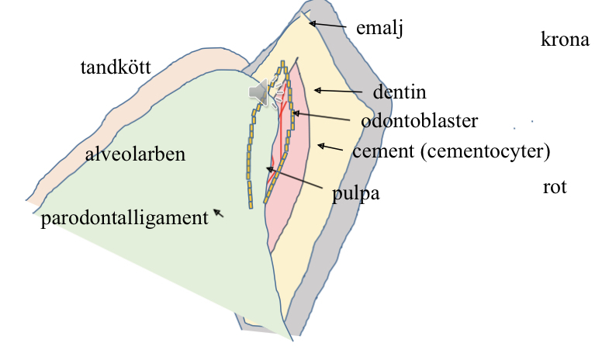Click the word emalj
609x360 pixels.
pyautogui.click(x=380, y=29)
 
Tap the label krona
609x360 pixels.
pyautogui.click(x=565, y=40)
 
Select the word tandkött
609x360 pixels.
pyautogui.click(x=116, y=68)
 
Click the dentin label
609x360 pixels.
pyautogui.click(x=400, y=92)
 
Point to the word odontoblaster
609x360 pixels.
pyautogui.click(x=419, y=121)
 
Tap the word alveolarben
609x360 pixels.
pyautogui.click(x=135, y=154)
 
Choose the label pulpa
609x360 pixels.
pyautogui.click(x=355, y=194)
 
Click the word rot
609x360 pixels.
pyautogui.click(x=555, y=187)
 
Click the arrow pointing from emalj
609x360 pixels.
pyautogui.click(x=327, y=26)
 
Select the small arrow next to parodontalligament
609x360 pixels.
pyautogui.click(x=219, y=213)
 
